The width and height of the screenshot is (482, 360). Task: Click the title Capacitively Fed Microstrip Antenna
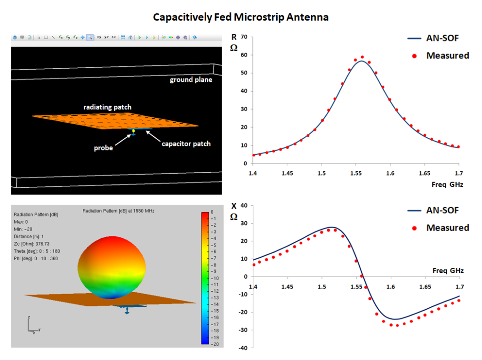tap(241, 17)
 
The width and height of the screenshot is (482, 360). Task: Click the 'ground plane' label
tap(191, 80)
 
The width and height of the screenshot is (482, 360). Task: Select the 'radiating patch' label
tap(107, 107)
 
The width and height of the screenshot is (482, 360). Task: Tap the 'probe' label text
tap(103, 148)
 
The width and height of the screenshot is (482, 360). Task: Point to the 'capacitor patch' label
tap(186, 144)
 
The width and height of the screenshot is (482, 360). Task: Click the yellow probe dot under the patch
tap(133, 131)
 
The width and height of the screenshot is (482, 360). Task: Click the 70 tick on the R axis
tap(244, 37)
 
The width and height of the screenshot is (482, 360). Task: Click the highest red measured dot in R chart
tap(362, 57)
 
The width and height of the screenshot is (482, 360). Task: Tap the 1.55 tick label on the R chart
tap(355, 174)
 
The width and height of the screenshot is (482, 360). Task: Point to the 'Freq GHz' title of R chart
tap(447, 184)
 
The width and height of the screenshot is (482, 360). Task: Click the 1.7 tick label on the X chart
tap(459, 287)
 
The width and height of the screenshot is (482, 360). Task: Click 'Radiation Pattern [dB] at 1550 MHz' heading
tap(118, 211)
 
